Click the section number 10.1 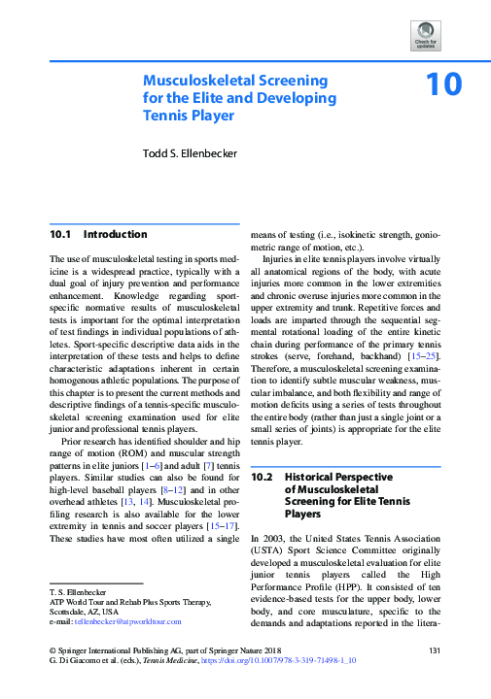click(61, 235)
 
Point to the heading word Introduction click(116, 235)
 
